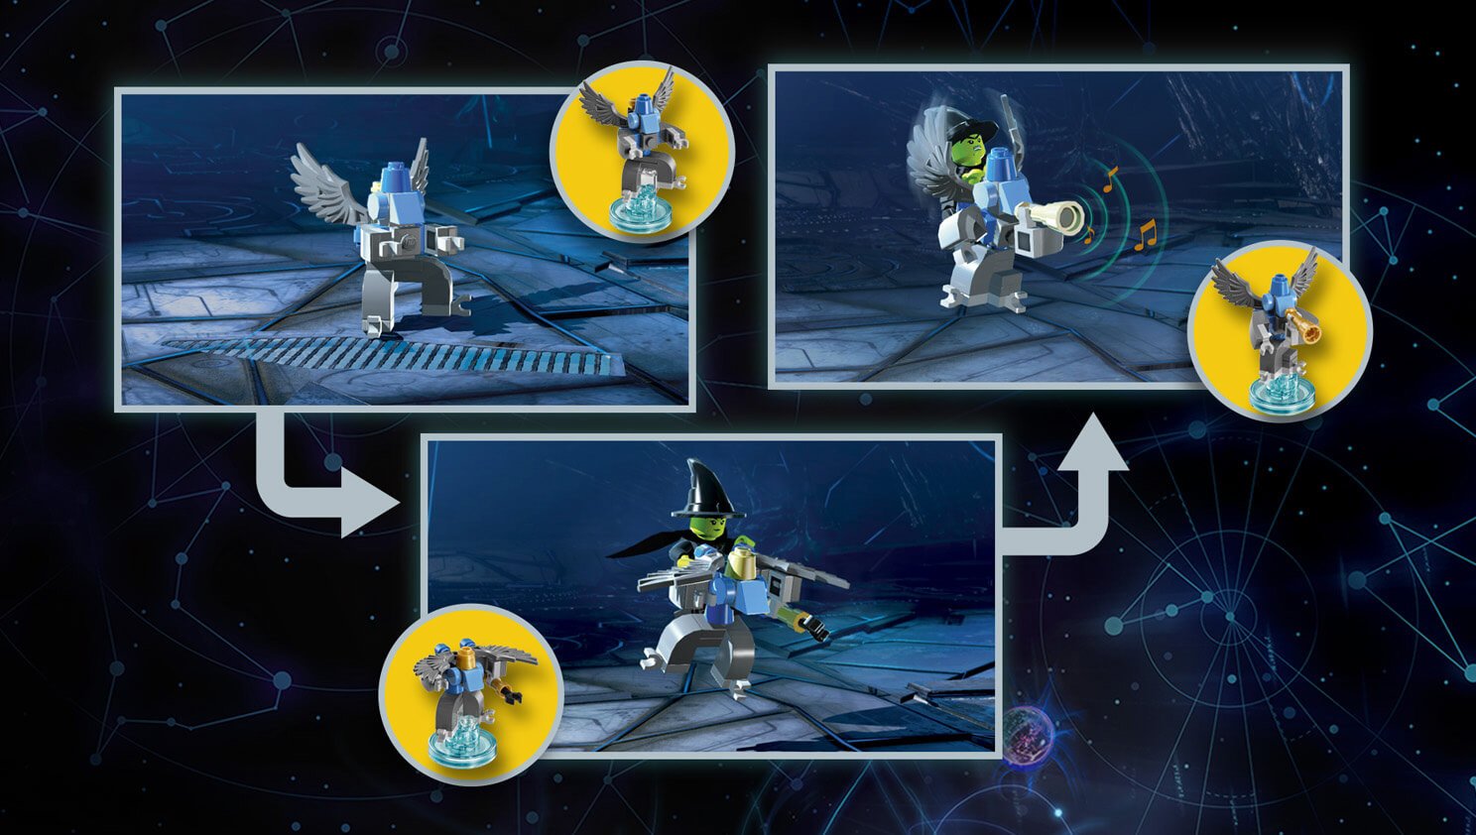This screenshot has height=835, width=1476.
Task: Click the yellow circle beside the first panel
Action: pos(642,151)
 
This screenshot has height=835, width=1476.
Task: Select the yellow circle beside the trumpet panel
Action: pos(1280,330)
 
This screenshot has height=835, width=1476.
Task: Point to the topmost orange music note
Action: pos(1110,178)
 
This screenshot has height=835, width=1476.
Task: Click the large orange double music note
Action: pos(1146,235)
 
